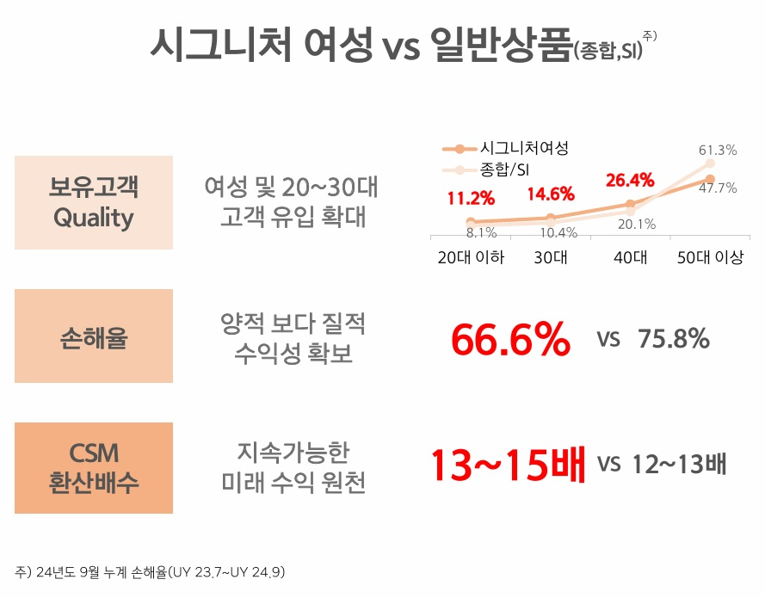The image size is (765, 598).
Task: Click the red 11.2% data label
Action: pyautogui.click(x=471, y=199)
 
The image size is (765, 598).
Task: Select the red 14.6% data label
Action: pyautogui.click(x=551, y=194)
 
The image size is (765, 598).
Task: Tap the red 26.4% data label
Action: pyautogui.click(x=631, y=181)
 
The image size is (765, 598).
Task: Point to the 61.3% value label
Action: pyautogui.click(x=717, y=151)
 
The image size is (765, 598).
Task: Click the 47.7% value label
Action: pyautogui.click(x=717, y=188)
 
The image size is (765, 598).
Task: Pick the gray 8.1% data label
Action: pyautogui.click(x=481, y=231)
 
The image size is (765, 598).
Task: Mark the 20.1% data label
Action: pyautogui.click(x=638, y=225)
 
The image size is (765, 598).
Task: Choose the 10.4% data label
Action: pyautogui.click(x=559, y=231)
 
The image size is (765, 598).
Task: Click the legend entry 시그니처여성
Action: pyautogui.click(x=524, y=148)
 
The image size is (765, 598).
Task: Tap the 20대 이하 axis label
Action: pyautogui.click(x=471, y=257)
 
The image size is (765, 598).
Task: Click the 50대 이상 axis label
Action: pyautogui.click(x=710, y=257)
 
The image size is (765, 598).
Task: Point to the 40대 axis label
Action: pyautogui.click(x=631, y=257)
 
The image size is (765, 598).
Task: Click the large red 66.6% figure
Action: pyautogui.click(x=510, y=341)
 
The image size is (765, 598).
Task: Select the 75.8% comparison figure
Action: pyautogui.click(x=674, y=339)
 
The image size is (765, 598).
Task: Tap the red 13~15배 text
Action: pyautogui.click(x=509, y=465)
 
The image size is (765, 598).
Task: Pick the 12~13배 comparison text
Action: pyautogui.click(x=679, y=465)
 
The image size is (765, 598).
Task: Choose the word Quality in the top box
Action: pyautogui.click(x=93, y=218)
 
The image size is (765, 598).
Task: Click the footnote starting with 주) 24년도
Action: pyautogui.click(x=151, y=571)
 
